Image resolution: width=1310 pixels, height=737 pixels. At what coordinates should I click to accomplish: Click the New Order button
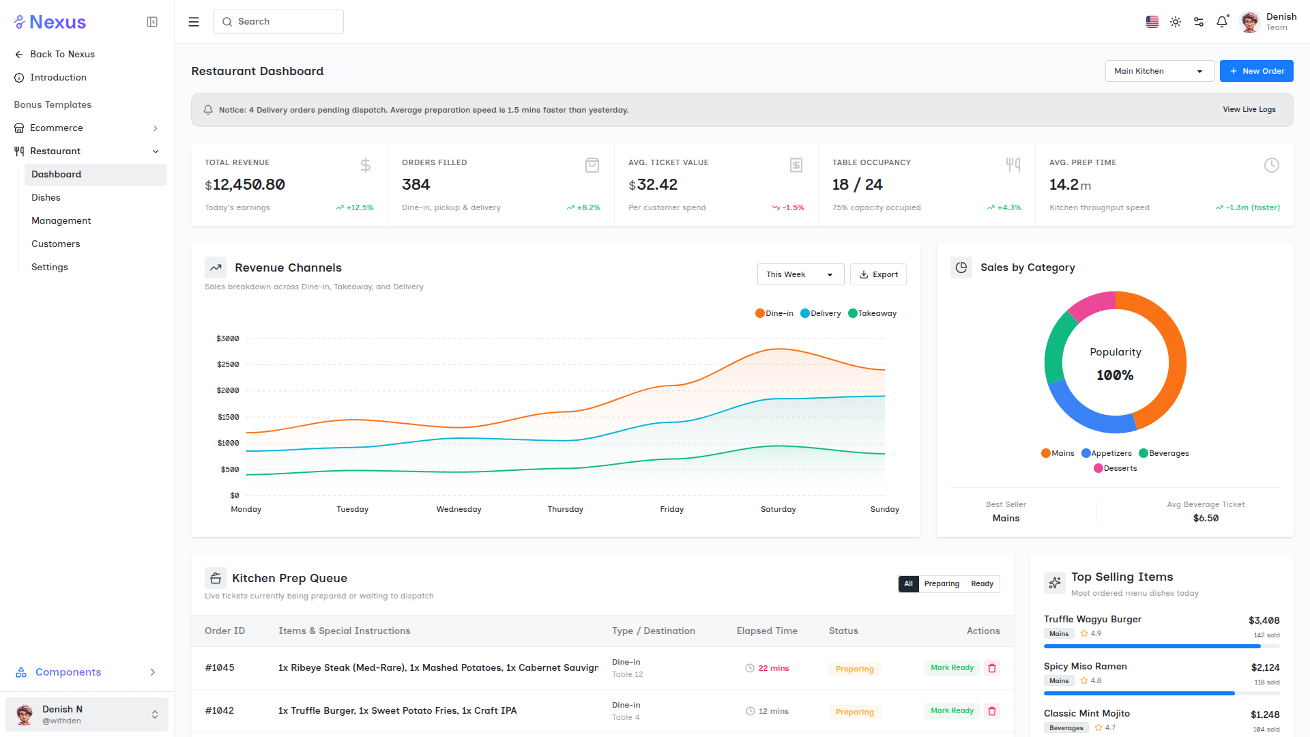point(1256,71)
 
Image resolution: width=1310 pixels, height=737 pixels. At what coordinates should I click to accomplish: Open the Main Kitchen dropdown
point(1159,71)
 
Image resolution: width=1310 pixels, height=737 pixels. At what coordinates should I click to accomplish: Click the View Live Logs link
point(1249,109)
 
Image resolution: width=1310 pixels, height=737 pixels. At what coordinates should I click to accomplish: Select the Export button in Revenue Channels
point(878,274)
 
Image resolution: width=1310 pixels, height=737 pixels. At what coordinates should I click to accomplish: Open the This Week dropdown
point(800,274)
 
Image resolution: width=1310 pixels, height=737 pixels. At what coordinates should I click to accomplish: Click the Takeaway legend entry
point(872,313)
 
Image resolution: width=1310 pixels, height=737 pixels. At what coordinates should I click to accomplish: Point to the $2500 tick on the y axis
point(228,364)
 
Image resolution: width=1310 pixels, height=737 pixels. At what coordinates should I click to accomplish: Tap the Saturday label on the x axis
point(778,509)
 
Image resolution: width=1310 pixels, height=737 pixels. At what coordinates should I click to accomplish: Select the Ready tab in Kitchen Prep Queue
point(982,583)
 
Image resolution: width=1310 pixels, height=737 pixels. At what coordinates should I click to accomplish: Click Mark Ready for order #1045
point(952,667)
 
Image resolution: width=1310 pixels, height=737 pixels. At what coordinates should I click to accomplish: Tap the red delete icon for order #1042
point(992,711)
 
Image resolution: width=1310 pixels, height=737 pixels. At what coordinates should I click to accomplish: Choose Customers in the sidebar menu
point(56,244)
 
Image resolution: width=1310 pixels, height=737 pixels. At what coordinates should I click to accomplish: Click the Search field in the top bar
point(278,22)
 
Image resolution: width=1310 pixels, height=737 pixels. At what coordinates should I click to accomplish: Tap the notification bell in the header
point(1222,22)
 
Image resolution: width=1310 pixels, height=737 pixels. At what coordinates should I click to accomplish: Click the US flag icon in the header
point(1152,22)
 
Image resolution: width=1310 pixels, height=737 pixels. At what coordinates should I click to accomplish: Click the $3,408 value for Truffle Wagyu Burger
point(1264,620)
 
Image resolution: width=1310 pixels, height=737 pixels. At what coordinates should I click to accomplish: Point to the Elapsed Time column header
point(767,631)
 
